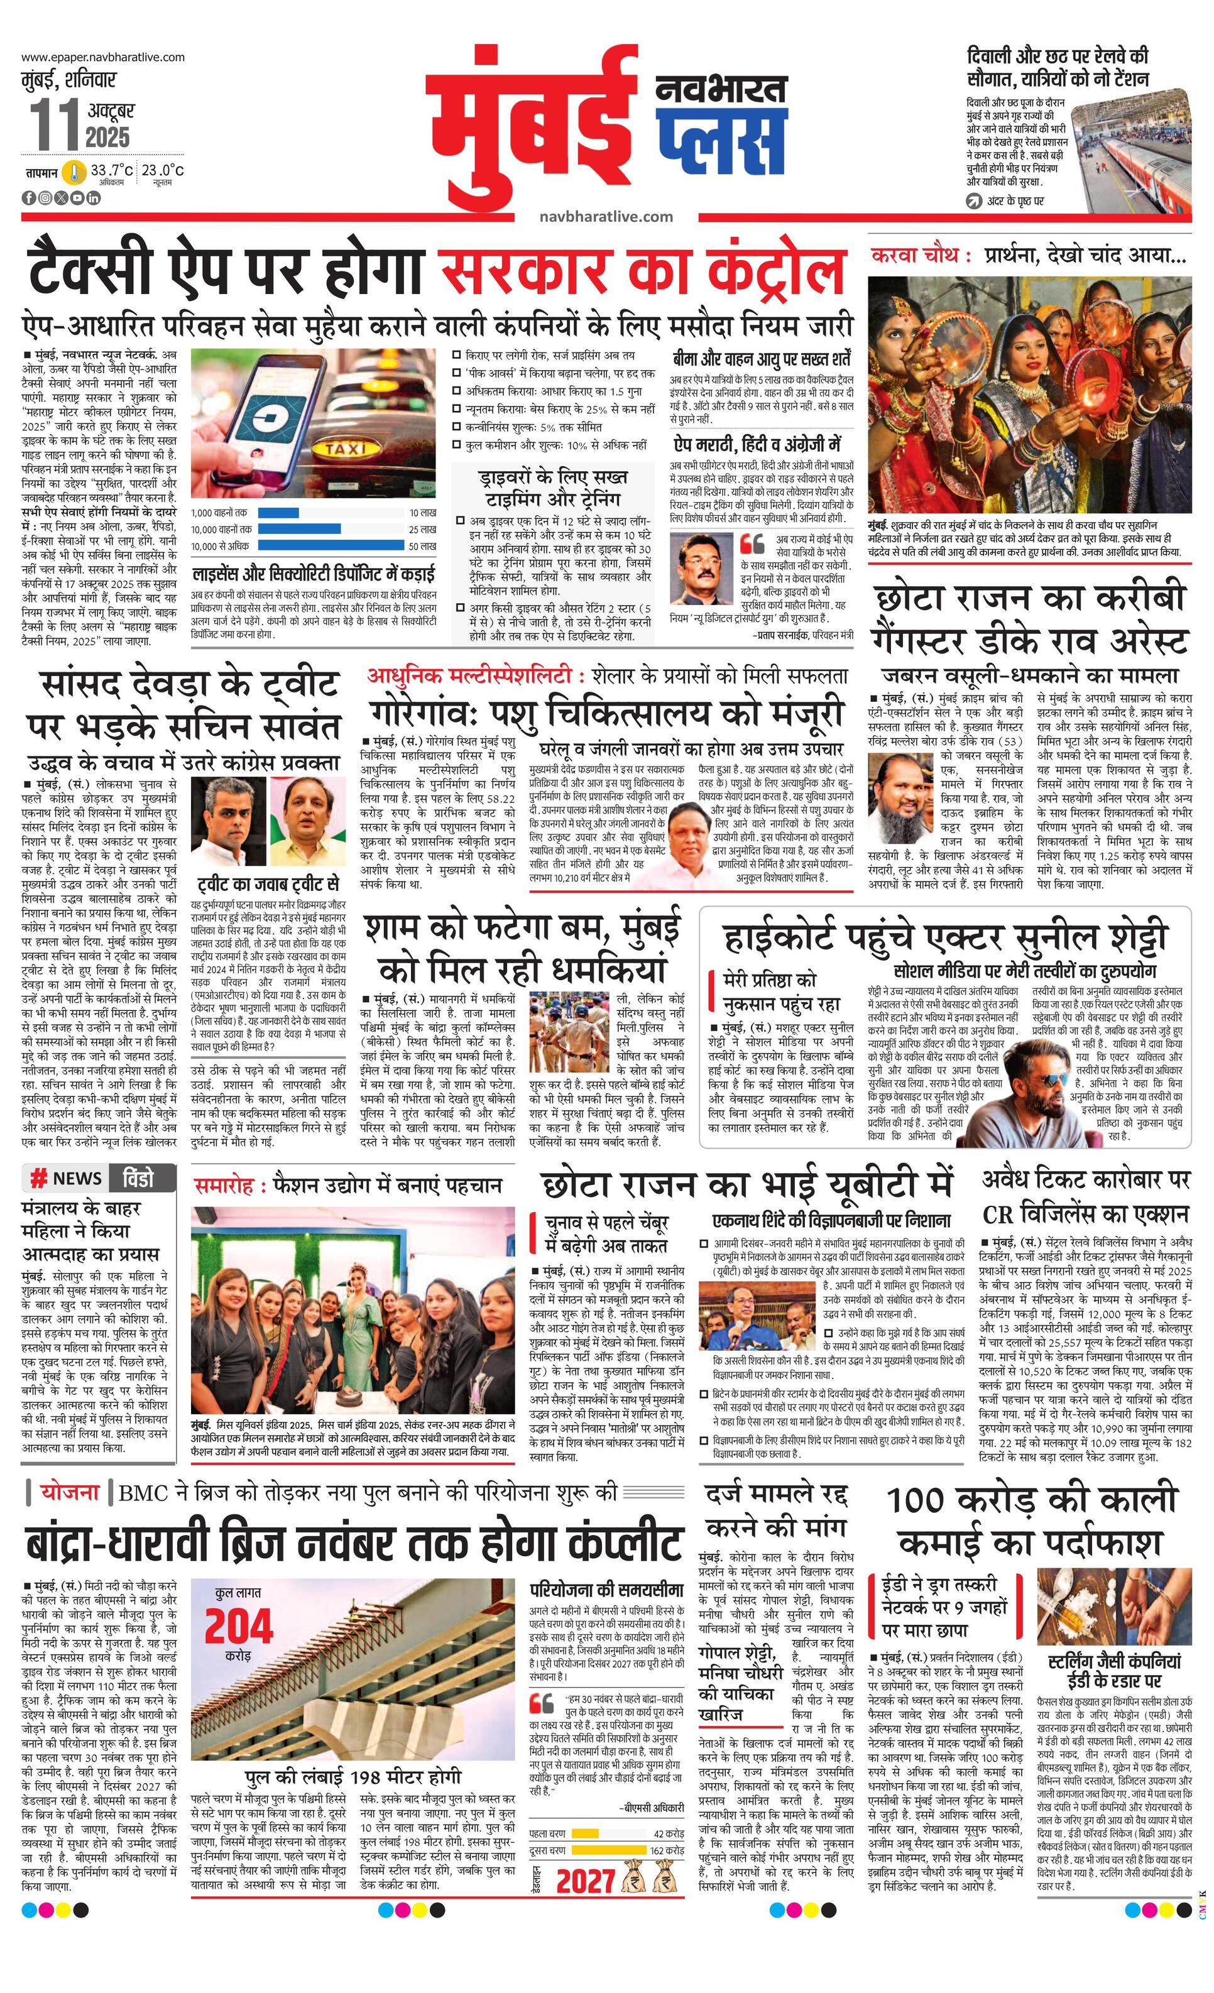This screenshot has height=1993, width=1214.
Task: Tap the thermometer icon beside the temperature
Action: (74, 172)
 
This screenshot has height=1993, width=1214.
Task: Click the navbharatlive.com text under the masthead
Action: (606, 216)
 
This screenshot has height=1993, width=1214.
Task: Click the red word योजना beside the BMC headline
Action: (70, 1492)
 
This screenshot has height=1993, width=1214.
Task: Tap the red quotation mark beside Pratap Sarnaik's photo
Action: (752, 543)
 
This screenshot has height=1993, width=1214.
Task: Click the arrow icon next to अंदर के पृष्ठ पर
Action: (974, 200)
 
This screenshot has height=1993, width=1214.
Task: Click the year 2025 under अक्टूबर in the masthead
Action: (107, 137)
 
